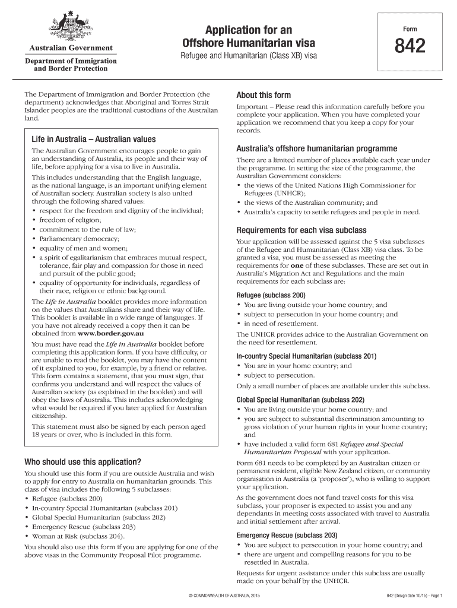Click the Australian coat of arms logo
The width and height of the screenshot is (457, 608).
click(x=69, y=26)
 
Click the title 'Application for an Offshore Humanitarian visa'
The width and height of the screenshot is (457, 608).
click(x=249, y=36)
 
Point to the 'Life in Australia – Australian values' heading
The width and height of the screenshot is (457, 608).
click(x=93, y=139)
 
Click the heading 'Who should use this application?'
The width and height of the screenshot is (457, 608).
click(x=82, y=462)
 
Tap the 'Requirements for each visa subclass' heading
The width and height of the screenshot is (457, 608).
click(x=302, y=230)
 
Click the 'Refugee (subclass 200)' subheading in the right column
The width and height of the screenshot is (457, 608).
click(x=271, y=295)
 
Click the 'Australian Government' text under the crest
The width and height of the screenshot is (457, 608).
click(x=69, y=48)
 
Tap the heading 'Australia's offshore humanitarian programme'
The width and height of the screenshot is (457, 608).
click(x=317, y=148)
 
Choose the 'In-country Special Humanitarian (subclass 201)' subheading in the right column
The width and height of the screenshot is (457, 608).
click(x=306, y=356)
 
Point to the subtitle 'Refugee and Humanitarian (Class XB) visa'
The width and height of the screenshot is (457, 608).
click(x=249, y=56)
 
